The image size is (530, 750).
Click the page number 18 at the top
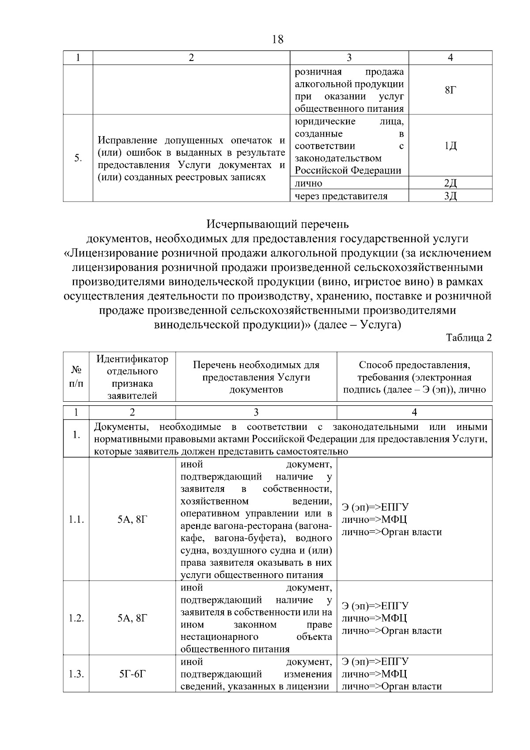tap(278, 39)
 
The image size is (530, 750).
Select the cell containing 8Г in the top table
tap(450, 90)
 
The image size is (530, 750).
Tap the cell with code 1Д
tap(450, 146)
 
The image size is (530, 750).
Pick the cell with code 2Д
tap(450, 183)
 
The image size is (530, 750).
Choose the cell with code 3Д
tap(450, 196)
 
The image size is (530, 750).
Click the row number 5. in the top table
tap(78, 158)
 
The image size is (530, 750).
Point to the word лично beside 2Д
tap(309, 183)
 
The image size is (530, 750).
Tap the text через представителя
tap(341, 196)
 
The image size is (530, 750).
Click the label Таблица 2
tap(469, 338)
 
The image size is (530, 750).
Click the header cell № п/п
tap(76, 377)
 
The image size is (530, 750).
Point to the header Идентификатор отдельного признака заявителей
tap(132, 377)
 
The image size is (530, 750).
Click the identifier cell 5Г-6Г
tap(132, 674)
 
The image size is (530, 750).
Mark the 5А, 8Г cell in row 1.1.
tap(132, 520)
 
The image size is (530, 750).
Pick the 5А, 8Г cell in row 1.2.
tap(132, 618)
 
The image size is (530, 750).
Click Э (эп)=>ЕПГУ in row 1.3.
tap(375, 662)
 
